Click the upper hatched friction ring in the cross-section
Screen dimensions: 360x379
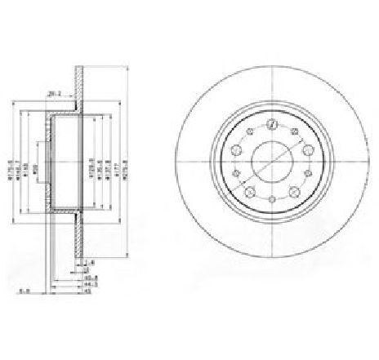tap(79, 86)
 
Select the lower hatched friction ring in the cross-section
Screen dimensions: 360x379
tap(79, 237)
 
